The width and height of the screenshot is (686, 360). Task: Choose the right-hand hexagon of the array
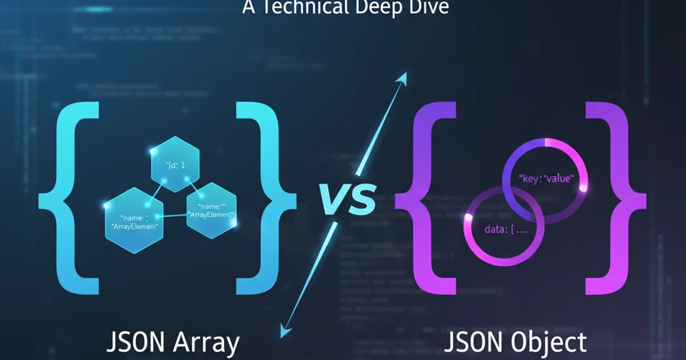coord(212,211)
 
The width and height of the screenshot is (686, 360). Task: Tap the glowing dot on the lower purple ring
coord(468,218)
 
